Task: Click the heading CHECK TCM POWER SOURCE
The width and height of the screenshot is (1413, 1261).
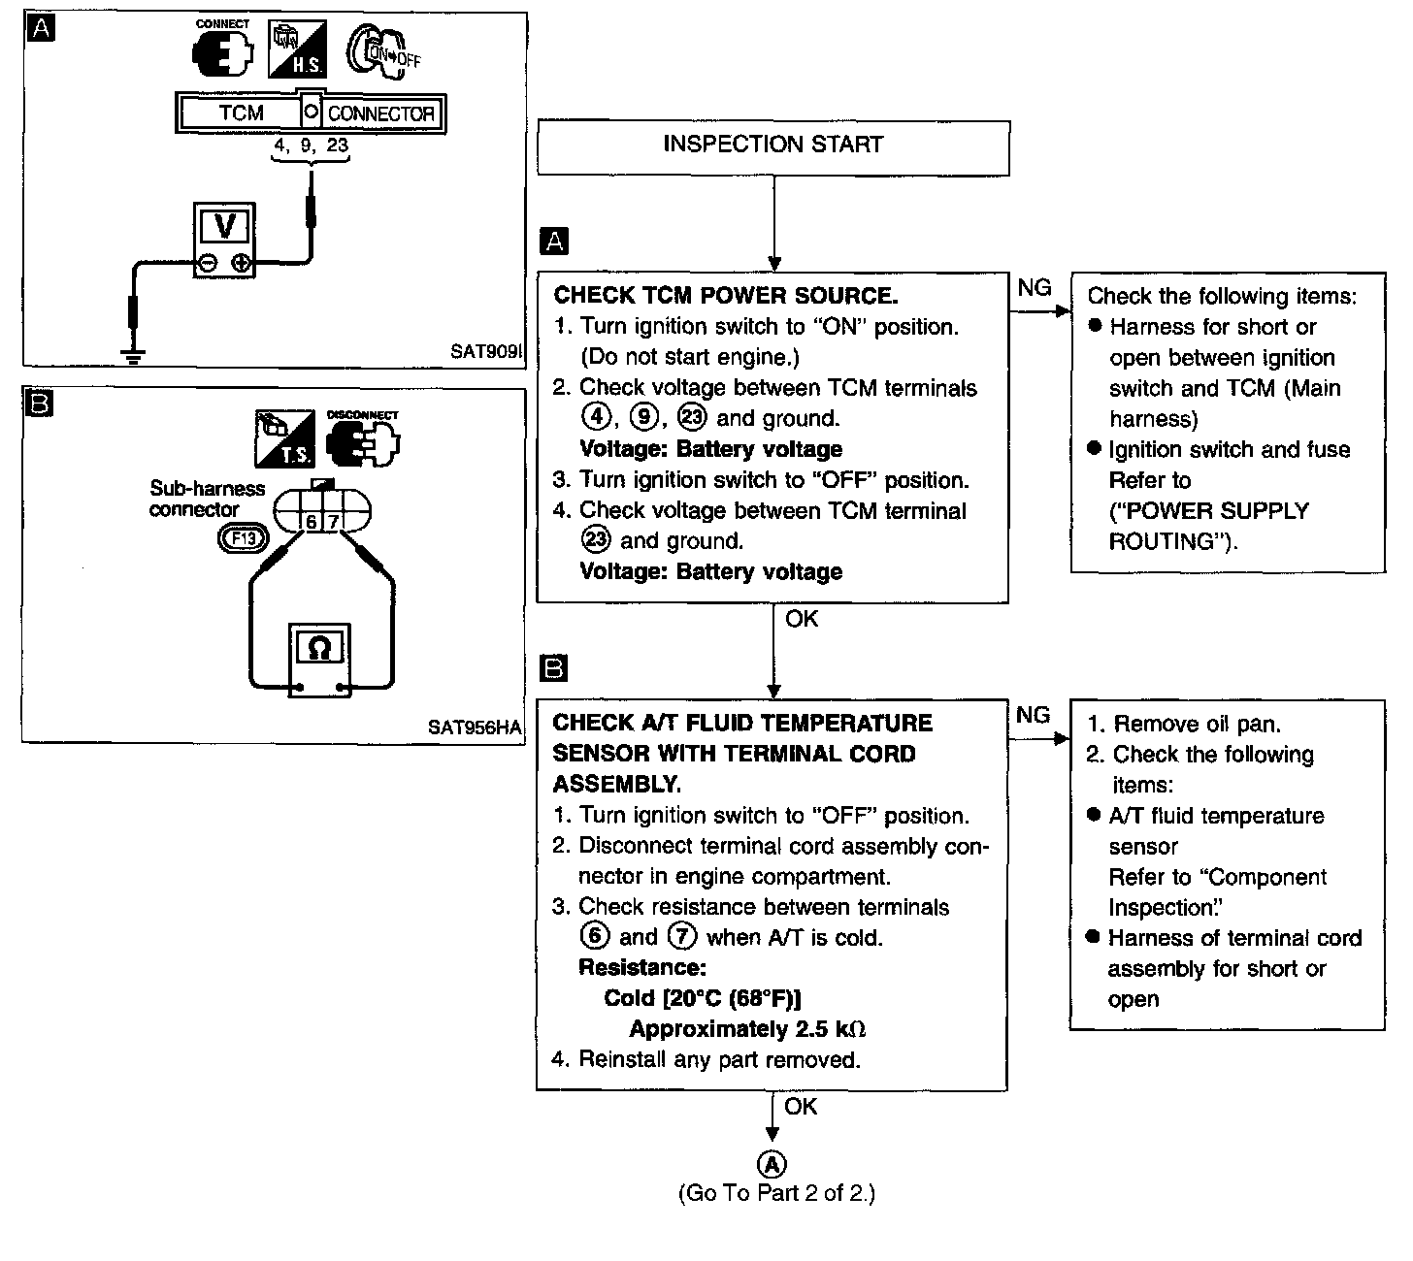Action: pos(725,296)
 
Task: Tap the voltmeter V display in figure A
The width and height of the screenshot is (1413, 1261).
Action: pos(224,227)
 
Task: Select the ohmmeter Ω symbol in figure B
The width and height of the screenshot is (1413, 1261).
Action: pos(319,647)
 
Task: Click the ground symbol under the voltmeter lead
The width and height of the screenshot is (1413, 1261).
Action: pos(134,356)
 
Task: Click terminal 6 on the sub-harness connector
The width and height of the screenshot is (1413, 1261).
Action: pos(312,522)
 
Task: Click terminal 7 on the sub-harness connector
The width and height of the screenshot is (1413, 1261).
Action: pos(333,522)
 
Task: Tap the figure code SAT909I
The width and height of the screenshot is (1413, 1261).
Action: pos(485,351)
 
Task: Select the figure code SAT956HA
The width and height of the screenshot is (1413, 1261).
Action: pos(474,727)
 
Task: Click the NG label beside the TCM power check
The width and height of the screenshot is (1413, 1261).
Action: pos(1034,288)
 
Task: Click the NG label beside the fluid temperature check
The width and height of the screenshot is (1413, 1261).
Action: pos(1033,715)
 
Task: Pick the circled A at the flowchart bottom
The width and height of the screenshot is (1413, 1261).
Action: pos(772,1164)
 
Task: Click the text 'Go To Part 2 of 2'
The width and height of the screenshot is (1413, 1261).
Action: pos(775,1193)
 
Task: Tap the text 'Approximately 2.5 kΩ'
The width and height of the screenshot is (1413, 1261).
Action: pos(747,1029)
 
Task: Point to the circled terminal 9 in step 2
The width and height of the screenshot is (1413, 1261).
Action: pos(643,418)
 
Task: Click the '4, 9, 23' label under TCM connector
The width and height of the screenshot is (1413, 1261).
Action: pos(311,146)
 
